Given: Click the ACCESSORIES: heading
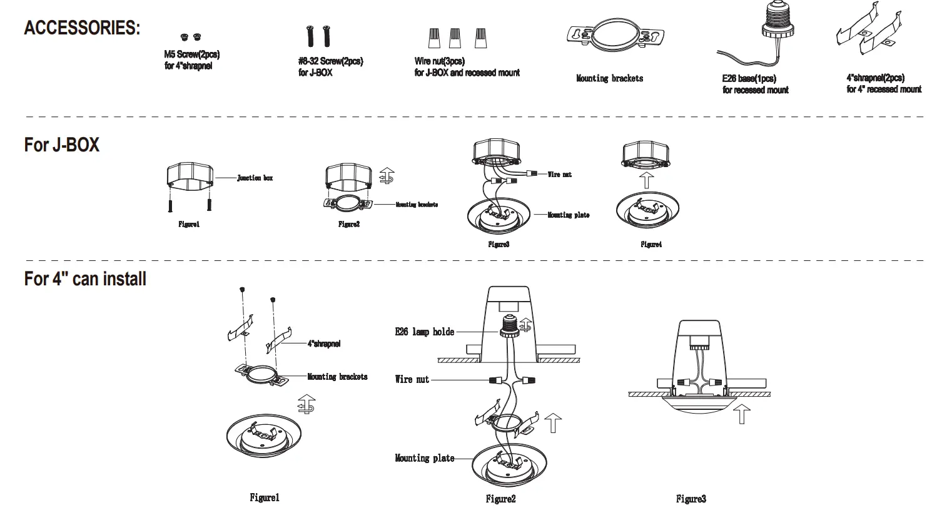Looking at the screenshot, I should pyautogui.click(x=82, y=28).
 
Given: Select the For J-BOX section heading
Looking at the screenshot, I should pyautogui.click(x=61, y=145).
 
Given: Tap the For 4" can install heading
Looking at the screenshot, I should pyautogui.click(x=85, y=278).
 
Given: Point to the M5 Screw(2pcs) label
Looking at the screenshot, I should pyautogui.click(x=192, y=54).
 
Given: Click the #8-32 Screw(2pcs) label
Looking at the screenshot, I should pyautogui.click(x=330, y=61).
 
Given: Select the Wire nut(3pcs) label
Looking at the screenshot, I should pyautogui.click(x=439, y=61).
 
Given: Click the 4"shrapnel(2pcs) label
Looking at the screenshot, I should pyautogui.click(x=875, y=78).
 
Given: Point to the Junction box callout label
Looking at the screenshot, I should pyautogui.click(x=255, y=178).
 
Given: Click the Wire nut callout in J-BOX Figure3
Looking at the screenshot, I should pyautogui.click(x=559, y=175).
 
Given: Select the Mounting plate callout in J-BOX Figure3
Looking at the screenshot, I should pyautogui.click(x=568, y=215).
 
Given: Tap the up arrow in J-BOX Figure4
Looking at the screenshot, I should pyautogui.click(x=647, y=180).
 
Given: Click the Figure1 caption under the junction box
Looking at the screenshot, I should pyautogui.click(x=189, y=224).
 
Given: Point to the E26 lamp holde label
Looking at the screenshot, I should pyautogui.click(x=424, y=332).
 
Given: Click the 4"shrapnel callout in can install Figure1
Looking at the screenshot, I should pyautogui.click(x=323, y=344).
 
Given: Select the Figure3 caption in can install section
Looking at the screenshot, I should pyautogui.click(x=691, y=499).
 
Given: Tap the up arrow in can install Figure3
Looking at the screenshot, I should pyautogui.click(x=741, y=414).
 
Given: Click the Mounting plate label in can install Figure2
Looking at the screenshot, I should pyautogui.click(x=424, y=458).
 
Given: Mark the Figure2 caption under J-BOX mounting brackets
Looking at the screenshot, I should pyautogui.click(x=348, y=224).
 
